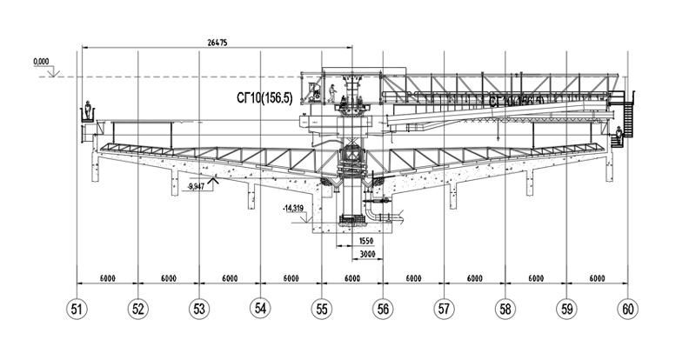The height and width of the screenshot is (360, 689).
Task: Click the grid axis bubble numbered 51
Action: pos(78,308)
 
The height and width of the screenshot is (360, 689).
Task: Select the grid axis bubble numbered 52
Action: pos(138,308)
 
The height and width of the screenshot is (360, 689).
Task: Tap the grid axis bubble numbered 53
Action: pos(199,308)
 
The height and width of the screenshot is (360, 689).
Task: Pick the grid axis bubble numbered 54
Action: pos(260,308)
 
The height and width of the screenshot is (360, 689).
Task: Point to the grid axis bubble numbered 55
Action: pos(322,308)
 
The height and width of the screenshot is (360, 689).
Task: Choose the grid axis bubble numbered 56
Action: pos(383,308)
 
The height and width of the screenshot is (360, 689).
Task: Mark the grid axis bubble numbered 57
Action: pos(445,308)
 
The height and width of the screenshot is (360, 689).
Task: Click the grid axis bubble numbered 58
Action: pos(505,308)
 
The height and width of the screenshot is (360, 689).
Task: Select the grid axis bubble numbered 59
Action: pos(567,308)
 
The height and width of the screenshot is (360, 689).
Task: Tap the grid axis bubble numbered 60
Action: pos(628,308)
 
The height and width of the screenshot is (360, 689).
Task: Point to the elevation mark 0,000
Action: pos(40,63)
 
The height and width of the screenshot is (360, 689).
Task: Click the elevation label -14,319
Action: pos(295,209)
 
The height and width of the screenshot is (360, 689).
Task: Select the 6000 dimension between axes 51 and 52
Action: pos(108,278)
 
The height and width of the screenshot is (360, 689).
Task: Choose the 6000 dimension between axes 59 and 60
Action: pos(597,278)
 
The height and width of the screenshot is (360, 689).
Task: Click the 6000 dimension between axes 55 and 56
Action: pos(352,278)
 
